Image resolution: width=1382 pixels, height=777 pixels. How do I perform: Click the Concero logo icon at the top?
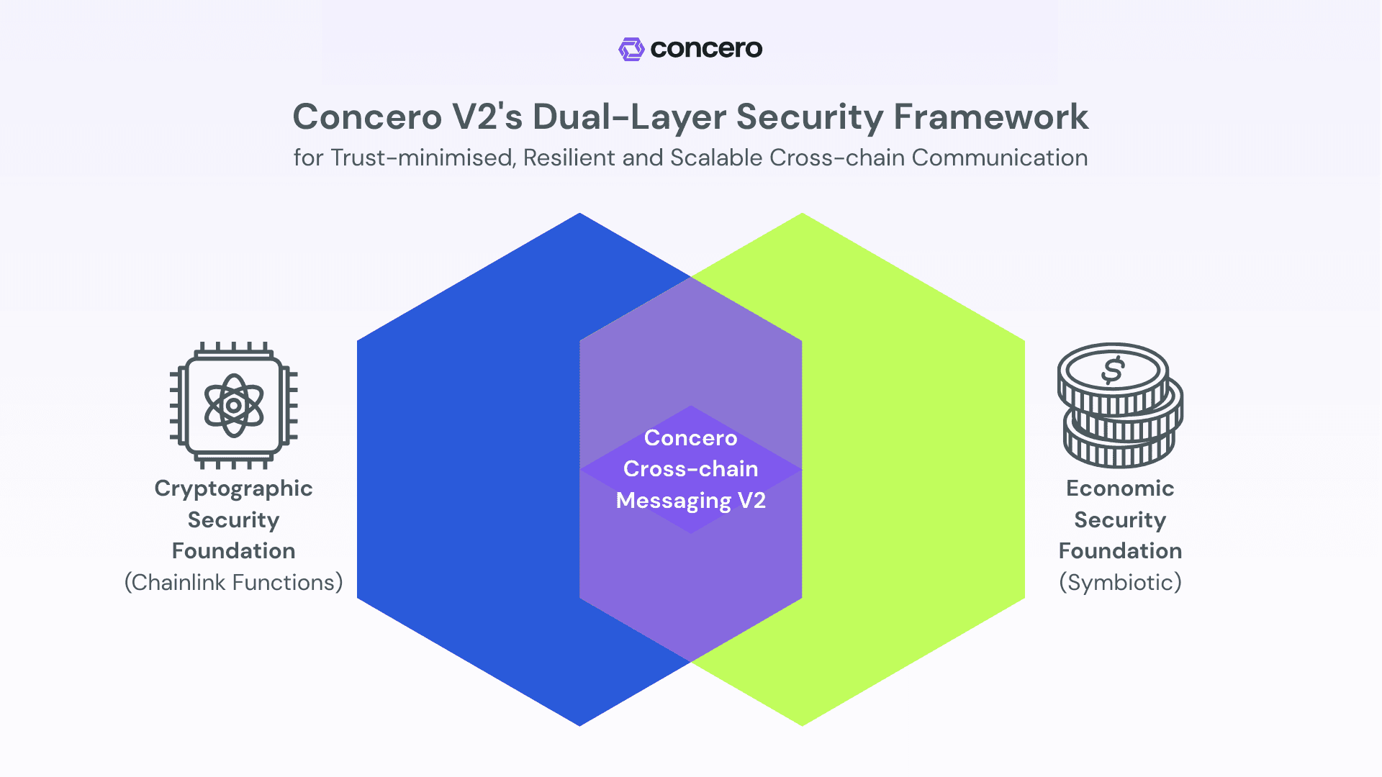coord(631,49)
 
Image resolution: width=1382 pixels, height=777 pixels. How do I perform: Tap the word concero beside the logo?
coord(706,49)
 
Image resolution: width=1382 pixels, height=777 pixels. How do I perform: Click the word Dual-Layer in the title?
coord(626,117)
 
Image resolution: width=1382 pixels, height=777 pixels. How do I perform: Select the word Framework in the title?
coord(991,117)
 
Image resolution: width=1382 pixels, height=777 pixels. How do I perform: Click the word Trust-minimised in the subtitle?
coord(423,158)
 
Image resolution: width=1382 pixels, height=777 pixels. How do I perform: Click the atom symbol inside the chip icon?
coord(233,405)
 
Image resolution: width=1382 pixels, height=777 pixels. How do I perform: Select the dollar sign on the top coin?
coord(1113,371)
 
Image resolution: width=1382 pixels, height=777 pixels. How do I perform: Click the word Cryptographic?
coord(233,489)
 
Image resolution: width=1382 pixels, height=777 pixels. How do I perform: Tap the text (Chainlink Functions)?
coord(233,582)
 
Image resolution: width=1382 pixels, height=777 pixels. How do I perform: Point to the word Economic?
coord(1120,489)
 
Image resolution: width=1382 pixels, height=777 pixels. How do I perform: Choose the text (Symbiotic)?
coord(1120,582)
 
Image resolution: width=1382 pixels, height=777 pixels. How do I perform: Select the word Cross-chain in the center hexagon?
coord(690,469)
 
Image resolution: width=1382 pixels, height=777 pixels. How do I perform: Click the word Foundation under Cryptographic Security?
coord(233,551)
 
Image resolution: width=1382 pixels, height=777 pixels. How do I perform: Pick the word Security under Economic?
coord(1120,520)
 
